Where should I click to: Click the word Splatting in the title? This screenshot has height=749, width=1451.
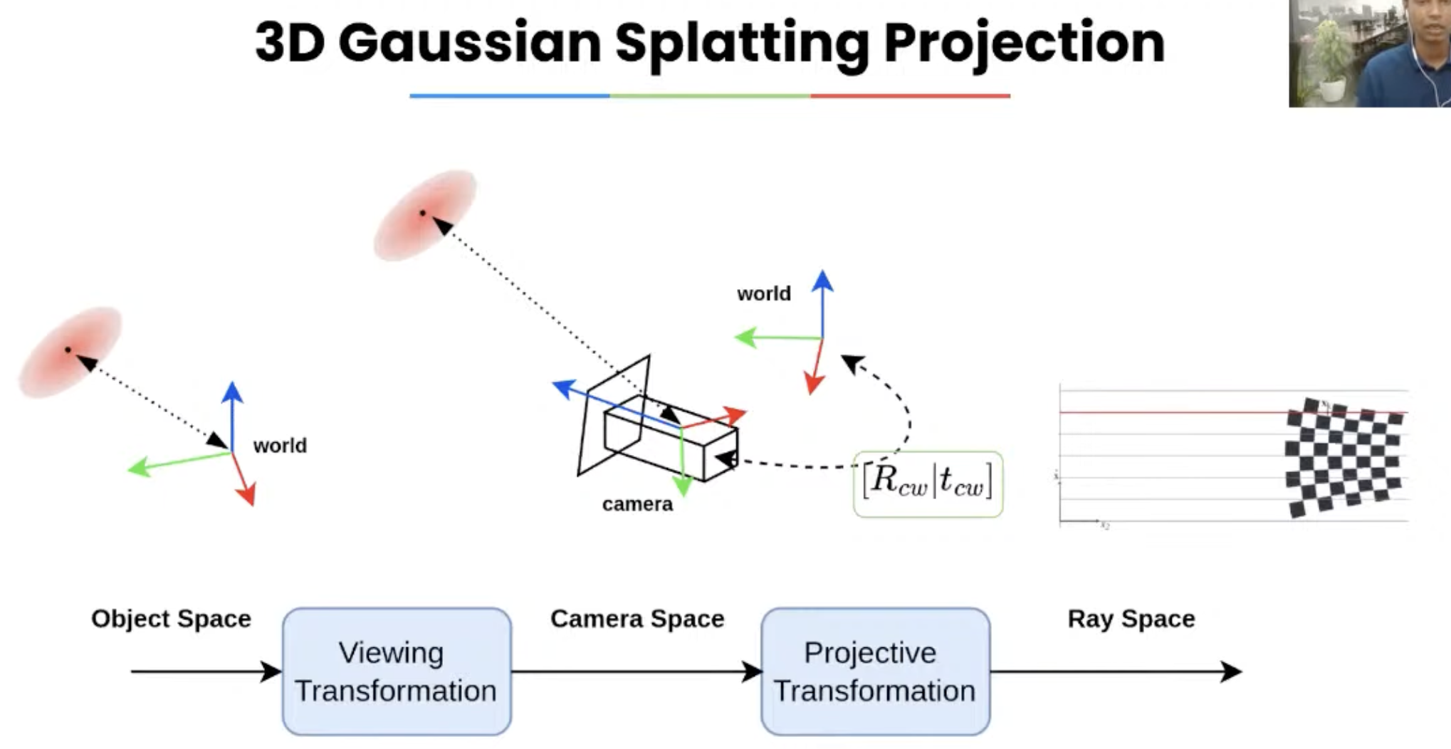[x=742, y=44]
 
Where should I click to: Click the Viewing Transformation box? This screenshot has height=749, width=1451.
[x=397, y=671]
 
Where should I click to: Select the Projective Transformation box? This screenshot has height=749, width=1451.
[x=875, y=671]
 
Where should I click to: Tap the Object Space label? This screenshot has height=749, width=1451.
[x=171, y=619]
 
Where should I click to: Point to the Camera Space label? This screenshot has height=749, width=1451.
[x=637, y=619]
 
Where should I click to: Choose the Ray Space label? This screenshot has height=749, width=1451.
[x=1131, y=619]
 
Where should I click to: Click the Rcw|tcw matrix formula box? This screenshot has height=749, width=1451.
[x=928, y=483]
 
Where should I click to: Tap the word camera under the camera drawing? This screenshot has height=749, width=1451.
[x=637, y=504]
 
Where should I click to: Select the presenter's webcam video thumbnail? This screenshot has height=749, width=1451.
[x=1369, y=53]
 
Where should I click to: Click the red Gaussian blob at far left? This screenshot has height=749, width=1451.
[x=70, y=352]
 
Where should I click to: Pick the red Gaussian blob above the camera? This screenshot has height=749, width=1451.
[x=425, y=214]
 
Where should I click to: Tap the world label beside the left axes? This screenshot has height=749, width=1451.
[x=280, y=446]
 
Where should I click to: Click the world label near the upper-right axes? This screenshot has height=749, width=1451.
[x=763, y=293]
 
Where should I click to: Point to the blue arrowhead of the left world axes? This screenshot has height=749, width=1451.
[x=232, y=392]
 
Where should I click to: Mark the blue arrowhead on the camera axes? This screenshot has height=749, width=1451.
[x=562, y=387]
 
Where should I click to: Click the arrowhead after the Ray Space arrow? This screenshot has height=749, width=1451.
[x=1231, y=671]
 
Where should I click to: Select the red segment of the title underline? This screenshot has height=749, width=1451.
[x=910, y=95]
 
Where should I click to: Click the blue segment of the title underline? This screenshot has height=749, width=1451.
[x=509, y=95]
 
